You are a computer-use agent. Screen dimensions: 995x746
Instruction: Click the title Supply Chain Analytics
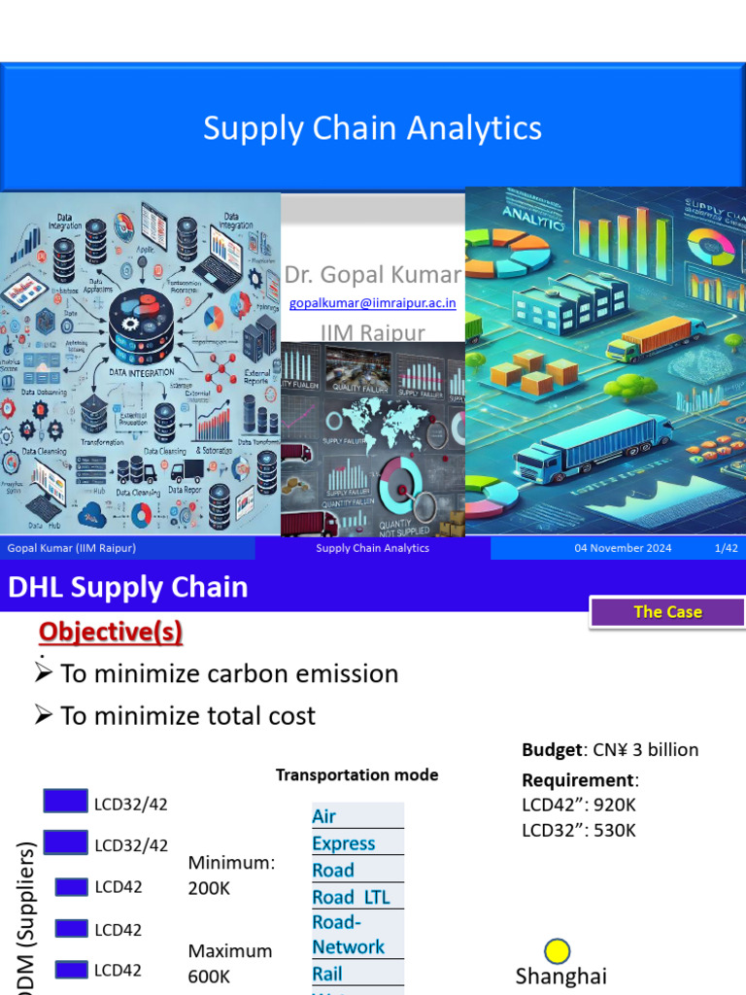[x=372, y=128]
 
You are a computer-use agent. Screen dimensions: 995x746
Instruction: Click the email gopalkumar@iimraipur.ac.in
[x=372, y=303]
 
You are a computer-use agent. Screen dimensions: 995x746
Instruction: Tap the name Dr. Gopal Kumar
[x=372, y=275]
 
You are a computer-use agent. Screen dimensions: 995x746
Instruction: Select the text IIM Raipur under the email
[x=372, y=333]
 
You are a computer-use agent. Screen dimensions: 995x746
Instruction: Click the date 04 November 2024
[x=623, y=548]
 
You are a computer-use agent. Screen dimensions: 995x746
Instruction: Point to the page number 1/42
[x=726, y=548]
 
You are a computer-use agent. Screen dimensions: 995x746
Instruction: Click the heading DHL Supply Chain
[x=128, y=587]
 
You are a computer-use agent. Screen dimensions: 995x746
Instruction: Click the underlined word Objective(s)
[x=110, y=632]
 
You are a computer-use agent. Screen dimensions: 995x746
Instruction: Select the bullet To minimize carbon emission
[x=228, y=673]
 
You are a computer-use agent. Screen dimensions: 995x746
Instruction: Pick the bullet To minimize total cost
[x=186, y=716]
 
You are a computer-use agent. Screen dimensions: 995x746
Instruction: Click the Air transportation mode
[x=324, y=816]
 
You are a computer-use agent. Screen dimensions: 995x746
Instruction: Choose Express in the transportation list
[x=344, y=843]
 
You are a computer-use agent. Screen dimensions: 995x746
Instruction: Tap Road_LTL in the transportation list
[x=351, y=897]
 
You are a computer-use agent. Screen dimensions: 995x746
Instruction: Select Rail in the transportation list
[x=327, y=973]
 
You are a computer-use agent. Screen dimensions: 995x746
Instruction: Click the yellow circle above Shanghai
[x=558, y=951]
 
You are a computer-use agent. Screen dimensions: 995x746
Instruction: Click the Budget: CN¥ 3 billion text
[x=610, y=750]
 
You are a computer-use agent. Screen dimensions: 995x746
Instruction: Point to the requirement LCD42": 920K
[x=579, y=805]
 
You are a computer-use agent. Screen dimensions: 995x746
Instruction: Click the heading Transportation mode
[x=356, y=774]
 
